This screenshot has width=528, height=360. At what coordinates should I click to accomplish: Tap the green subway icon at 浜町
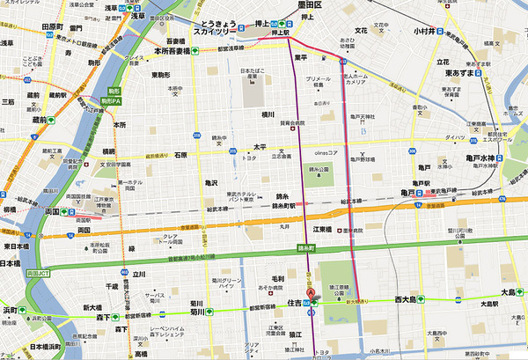pos(26,311)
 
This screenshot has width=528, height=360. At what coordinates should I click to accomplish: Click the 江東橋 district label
pos(320,230)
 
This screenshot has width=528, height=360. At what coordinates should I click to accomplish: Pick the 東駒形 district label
pos(159,75)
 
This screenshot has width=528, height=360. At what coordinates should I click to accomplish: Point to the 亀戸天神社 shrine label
pos(362,117)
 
